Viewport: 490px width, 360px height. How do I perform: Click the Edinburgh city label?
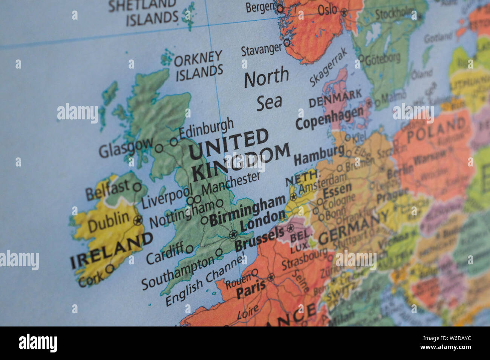click(206, 128)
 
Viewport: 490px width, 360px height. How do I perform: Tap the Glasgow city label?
click(126, 148)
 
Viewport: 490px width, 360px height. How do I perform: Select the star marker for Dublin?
click(138, 220)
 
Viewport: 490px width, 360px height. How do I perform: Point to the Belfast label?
click(107, 190)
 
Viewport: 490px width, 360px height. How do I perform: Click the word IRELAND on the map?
click(112, 250)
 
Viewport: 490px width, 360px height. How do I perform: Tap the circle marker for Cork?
click(110, 268)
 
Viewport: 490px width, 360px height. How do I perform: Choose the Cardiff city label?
click(165, 253)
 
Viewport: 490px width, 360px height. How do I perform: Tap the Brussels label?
click(259, 238)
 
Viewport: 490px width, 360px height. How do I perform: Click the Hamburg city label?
click(319, 154)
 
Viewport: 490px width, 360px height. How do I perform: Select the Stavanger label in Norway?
click(261, 49)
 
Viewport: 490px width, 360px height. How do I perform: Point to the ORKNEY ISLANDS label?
click(199, 66)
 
